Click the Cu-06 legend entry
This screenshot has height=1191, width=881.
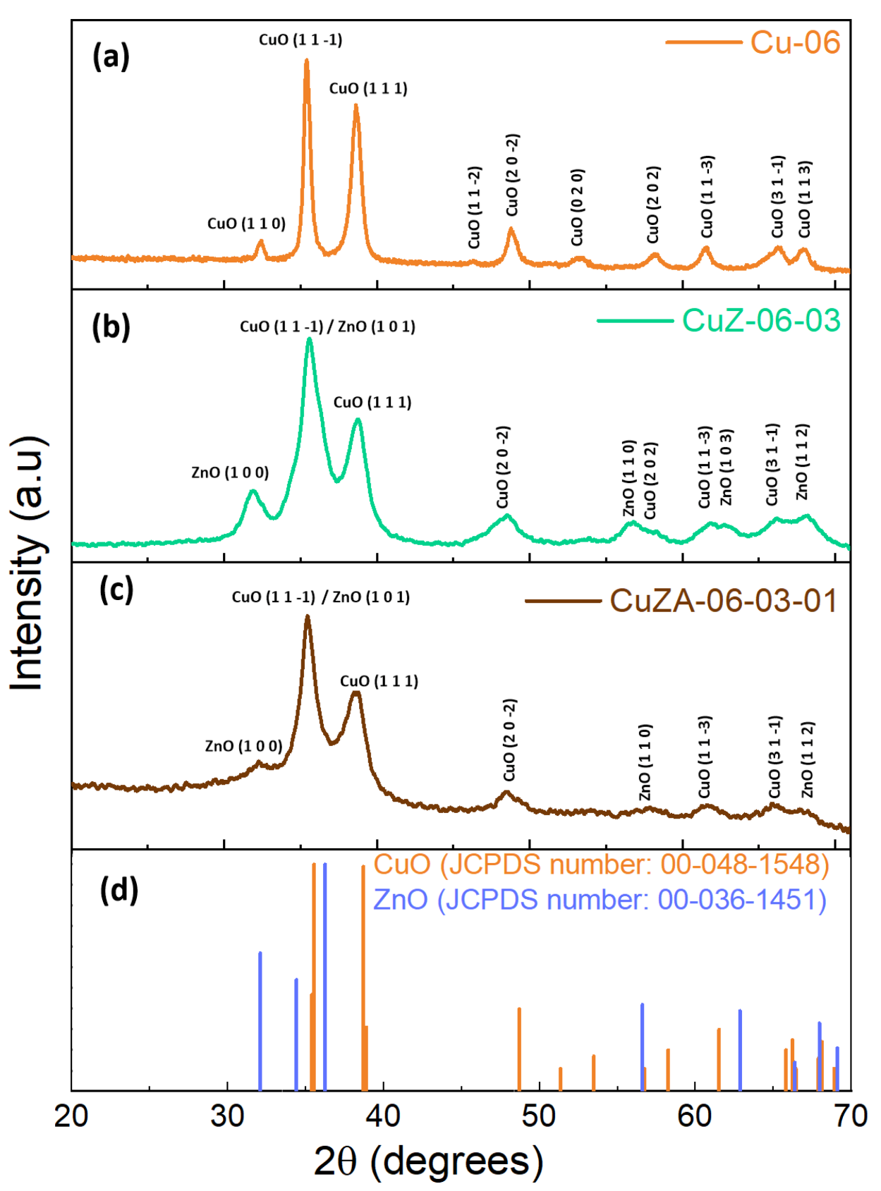coord(794,42)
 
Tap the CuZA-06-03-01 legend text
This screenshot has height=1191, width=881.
coord(723,601)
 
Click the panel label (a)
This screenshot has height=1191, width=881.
coord(111,56)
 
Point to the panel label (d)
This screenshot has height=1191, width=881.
coord(119,890)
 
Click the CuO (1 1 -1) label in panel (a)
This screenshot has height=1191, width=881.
coord(300,39)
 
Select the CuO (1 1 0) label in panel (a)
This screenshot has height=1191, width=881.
coord(246,224)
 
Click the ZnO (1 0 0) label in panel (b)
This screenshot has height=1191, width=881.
coord(230,472)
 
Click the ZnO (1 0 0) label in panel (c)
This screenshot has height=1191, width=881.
coord(243,745)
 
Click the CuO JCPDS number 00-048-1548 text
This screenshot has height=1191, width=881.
coord(601,865)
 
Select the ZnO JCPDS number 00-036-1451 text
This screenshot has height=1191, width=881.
coord(600,900)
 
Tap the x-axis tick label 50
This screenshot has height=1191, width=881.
coord(539,1116)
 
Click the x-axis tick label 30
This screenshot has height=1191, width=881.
coord(227,1116)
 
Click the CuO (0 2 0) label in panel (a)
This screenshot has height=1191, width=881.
coord(577,207)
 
